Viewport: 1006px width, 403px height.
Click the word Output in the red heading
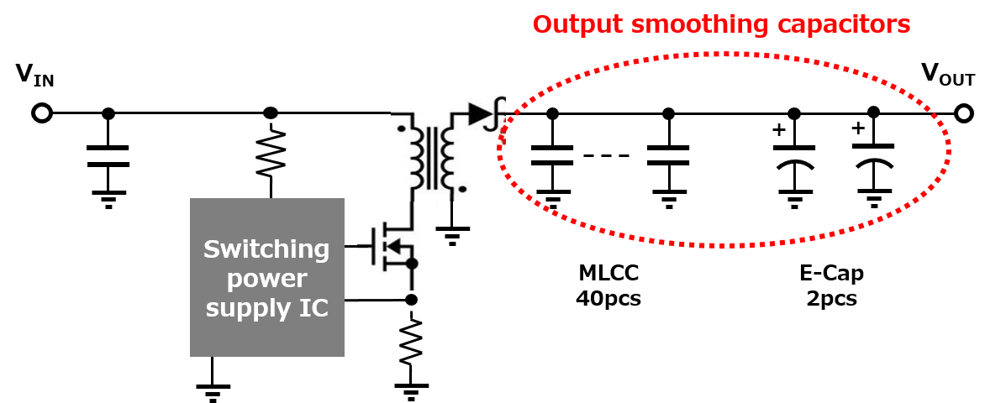pyautogui.click(x=577, y=24)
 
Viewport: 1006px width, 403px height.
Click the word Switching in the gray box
pyautogui.click(x=266, y=249)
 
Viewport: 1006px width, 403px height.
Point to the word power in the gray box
pyautogui.click(x=266, y=279)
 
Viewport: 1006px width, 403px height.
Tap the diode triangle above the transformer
pyautogui.click(x=479, y=113)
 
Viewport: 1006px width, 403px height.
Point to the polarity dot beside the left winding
pyautogui.click(x=401, y=128)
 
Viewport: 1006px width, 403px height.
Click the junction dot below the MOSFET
pyautogui.click(x=412, y=264)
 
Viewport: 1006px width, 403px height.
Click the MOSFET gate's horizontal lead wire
pyautogui.click(x=368, y=247)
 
